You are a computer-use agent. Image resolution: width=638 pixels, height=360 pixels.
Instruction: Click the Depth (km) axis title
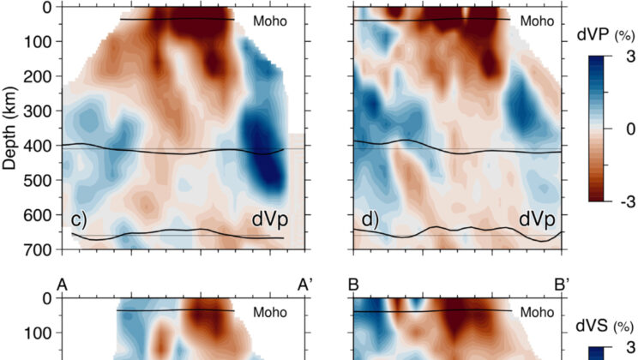(x=13, y=128)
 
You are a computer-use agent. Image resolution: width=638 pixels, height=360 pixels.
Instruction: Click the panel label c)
(x=80, y=220)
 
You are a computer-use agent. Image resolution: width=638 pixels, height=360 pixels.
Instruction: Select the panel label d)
(x=370, y=220)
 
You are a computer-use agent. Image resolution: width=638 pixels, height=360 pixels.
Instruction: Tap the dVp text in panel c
(x=268, y=220)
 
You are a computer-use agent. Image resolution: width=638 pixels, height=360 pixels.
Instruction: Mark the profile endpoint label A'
(x=304, y=284)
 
